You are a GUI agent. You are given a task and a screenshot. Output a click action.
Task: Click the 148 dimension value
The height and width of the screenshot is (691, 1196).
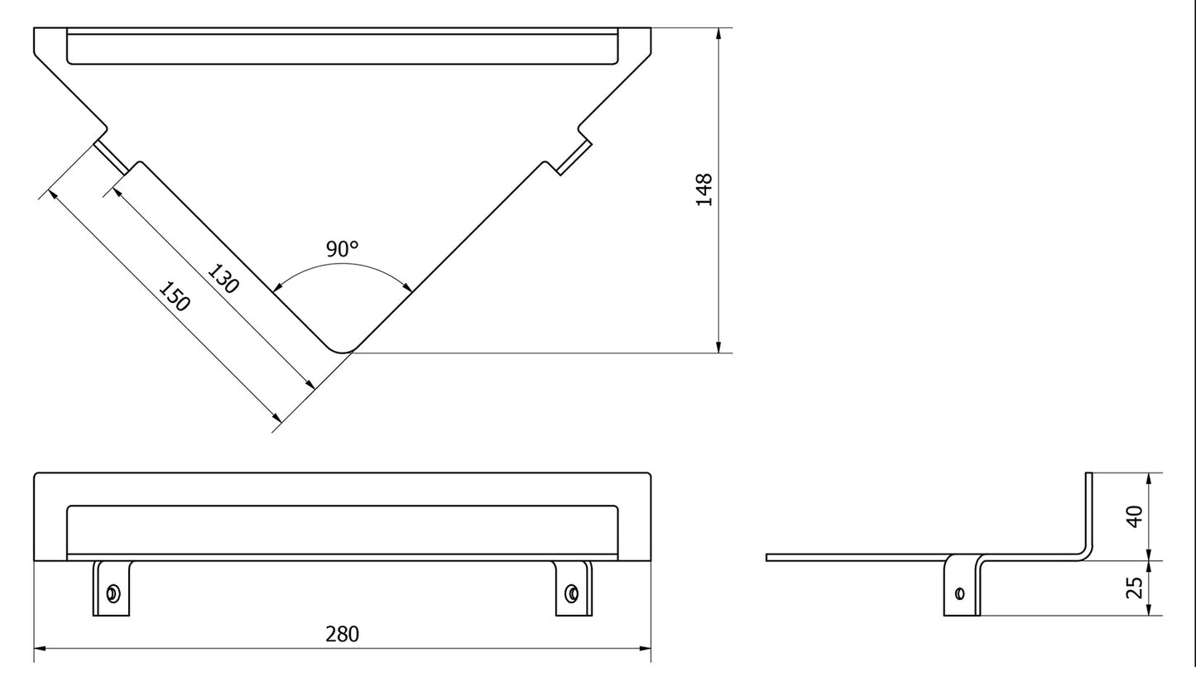click(x=704, y=190)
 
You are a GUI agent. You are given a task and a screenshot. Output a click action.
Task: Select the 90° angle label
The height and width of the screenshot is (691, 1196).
click(x=342, y=248)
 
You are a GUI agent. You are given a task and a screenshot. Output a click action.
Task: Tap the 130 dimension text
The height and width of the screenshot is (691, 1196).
click(x=223, y=279)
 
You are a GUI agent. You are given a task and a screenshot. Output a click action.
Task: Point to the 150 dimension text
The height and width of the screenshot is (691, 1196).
click(x=175, y=297)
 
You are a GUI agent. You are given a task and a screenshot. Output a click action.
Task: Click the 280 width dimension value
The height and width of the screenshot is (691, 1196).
click(x=342, y=634)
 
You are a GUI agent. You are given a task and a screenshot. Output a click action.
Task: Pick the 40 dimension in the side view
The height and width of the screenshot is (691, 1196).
click(x=1136, y=516)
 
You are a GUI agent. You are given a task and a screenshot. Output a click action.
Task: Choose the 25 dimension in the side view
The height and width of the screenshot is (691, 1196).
click(x=1136, y=588)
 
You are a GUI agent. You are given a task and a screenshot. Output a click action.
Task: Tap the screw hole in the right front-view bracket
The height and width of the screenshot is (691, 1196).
click(x=571, y=593)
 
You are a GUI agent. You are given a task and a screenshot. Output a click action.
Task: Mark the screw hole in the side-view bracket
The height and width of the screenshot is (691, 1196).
click(x=959, y=593)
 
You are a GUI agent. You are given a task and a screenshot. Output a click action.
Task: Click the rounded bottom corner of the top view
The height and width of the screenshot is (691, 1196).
click(x=342, y=348)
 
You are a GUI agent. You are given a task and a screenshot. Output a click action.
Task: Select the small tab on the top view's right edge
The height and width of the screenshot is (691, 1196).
click(x=574, y=156)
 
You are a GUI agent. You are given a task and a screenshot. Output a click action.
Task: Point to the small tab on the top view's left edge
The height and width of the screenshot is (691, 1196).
click(x=111, y=156)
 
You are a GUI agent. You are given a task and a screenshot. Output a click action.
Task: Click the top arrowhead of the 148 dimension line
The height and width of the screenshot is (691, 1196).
click(x=718, y=34)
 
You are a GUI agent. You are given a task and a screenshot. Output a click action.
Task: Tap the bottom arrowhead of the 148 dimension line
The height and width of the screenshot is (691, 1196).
click(x=718, y=347)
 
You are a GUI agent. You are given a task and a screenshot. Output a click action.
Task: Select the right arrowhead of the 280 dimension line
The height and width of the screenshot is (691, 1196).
click(x=645, y=649)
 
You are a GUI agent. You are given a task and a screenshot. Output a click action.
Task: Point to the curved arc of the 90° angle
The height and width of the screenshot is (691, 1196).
click(x=342, y=265)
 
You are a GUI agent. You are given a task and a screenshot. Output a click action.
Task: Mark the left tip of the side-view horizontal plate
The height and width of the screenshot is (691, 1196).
click(x=769, y=558)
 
